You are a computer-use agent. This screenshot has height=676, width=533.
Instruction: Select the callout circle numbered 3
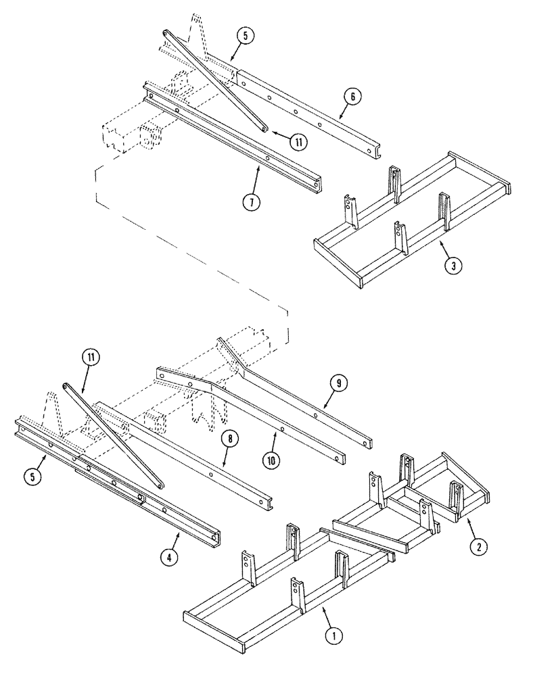click(x=453, y=266)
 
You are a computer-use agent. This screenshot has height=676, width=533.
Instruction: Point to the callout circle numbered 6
click(x=352, y=97)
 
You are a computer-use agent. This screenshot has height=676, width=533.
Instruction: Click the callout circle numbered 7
click(x=252, y=202)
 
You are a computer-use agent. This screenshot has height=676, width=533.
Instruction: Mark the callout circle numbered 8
click(x=231, y=439)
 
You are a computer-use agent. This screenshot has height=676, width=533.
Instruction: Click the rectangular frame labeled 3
click(x=413, y=223)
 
